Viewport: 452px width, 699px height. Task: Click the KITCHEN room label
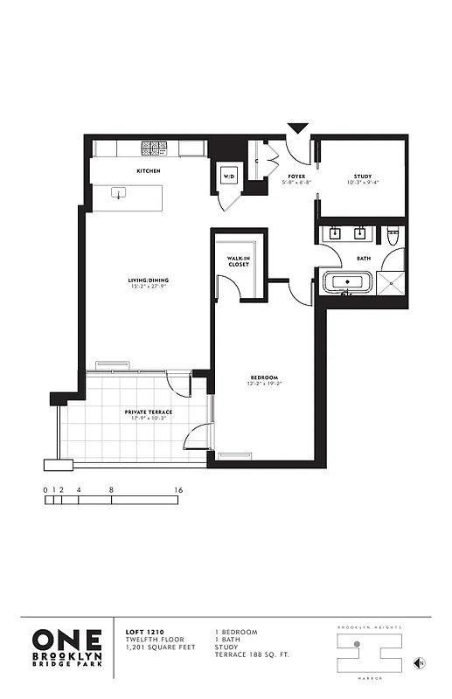pos(148,171)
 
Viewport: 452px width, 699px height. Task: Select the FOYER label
pos(296,176)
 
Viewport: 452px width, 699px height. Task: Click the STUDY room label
pos(363,176)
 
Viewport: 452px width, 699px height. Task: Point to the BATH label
pos(363,258)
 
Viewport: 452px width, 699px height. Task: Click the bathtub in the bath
pos(349,283)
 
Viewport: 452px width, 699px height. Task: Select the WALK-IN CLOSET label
pos(240,261)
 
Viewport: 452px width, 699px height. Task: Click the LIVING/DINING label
pos(148,280)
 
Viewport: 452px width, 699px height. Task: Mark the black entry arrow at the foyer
pos(298,128)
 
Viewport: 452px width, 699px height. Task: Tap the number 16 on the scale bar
pos(178,490)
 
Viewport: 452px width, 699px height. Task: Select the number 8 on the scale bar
pos(112,490)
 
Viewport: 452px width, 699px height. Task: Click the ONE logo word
pos(67,640)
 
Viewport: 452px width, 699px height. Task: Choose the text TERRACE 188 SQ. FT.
pos(253,654)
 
